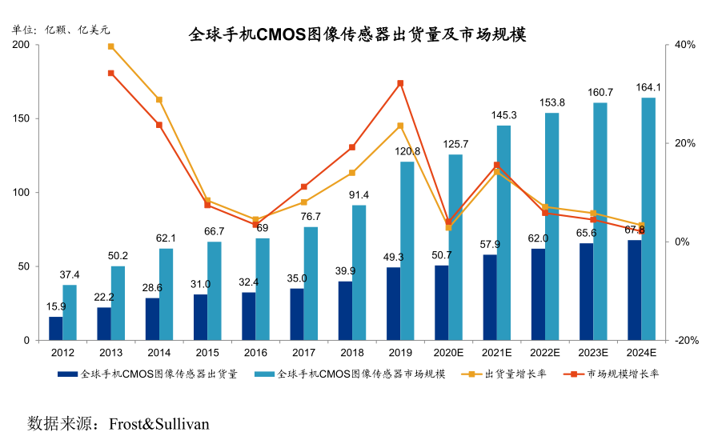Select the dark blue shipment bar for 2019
pyautogui.click(x=394, y=303)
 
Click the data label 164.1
pyautogui.click(x=648, y=87)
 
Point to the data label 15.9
pyautogui.click(x=56, y=306)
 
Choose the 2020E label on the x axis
pyautogui.click(x=448, y=352)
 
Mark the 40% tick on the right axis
pyautogui.click(x=685, y=46)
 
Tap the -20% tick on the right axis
pyautogui.click(x=685, y=341)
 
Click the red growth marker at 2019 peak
pyautogui.click(x=400, y=83)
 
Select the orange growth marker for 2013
pyautogui.click(x=111, y=46)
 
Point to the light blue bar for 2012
pyautogui.click(x=70, y=312)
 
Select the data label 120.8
pyautogui.click(x=407, y=151)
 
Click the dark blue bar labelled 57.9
pyautogui.click(x=490, y=297)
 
